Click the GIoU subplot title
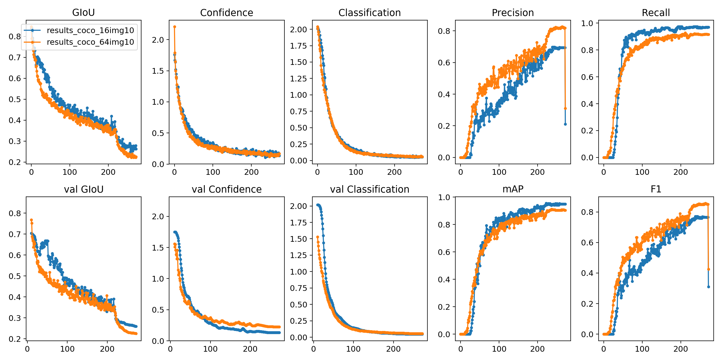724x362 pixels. [x=84, y=13]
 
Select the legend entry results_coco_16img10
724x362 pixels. [x=90, y=30]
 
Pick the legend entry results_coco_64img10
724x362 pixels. [x=90, y=42]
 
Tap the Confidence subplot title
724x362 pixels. [x=227, y=13]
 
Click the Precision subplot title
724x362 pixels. [x=513, y=13]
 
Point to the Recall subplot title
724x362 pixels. [x=656, y=13]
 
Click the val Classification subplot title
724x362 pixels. [x=369, y=190]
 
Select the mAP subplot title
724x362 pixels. [x=513, y=190]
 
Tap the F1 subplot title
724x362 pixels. [x=656, y=190]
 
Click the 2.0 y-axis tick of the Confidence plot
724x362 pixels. [x=158, y=40]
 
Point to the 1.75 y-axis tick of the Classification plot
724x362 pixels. [x=298, y=46]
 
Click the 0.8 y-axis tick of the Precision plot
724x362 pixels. [x=444, y=31]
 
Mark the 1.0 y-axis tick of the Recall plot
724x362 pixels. [x=587, y=23]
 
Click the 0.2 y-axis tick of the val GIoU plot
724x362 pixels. [x=15, y=339]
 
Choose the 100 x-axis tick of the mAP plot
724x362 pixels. [x=499, y=349]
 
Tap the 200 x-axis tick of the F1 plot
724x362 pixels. [x=681, y=349]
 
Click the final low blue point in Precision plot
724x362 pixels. [x=565, y=124]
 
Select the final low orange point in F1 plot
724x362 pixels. [x=708, y=269]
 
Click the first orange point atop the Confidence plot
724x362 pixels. [x=175, y=27]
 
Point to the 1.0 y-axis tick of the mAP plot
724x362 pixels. [x=444, y=197]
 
